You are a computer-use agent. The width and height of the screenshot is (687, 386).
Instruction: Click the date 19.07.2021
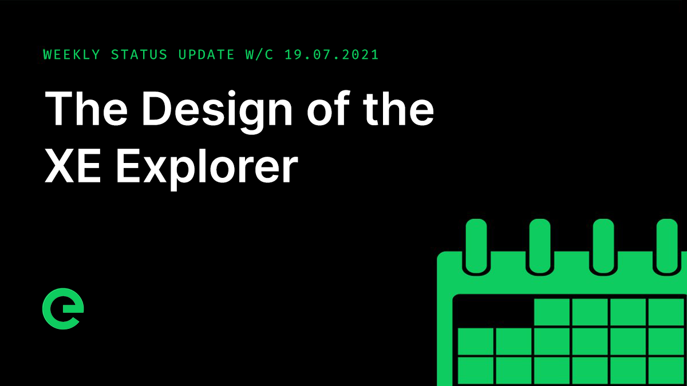point(331,55)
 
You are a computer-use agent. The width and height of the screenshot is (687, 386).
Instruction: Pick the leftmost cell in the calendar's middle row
point(475,341)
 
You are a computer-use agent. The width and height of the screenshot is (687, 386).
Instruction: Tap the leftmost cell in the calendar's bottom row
point(475,370)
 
